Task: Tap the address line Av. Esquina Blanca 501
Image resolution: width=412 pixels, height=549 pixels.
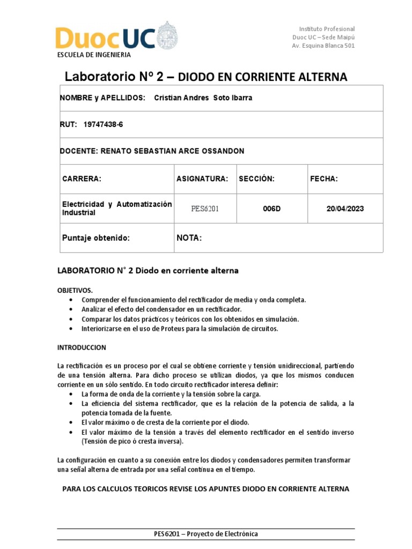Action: click(323, 46)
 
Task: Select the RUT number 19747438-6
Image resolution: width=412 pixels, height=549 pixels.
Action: click(103, 124)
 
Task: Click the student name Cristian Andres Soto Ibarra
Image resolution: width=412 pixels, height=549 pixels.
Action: click(195, 98)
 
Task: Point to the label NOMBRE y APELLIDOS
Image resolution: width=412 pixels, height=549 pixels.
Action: click(102, 98)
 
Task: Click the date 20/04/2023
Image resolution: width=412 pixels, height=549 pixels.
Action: click(345, 209)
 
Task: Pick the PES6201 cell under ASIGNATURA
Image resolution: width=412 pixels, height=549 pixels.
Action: click(205, 209)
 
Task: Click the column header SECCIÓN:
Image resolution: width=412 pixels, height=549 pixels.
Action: click(256, 179)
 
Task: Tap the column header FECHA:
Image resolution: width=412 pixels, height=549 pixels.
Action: click(323, 179)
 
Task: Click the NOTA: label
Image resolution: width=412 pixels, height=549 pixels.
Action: click(189, 238)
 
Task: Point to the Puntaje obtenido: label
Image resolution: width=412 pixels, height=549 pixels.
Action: click(96, 238)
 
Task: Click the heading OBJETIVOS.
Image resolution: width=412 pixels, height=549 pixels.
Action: click(75, 290)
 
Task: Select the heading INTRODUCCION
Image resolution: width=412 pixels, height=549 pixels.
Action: click(82, 347)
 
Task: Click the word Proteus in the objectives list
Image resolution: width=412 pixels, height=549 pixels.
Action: click(160, 329)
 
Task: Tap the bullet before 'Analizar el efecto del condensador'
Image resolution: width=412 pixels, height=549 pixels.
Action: click(72, 310)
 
